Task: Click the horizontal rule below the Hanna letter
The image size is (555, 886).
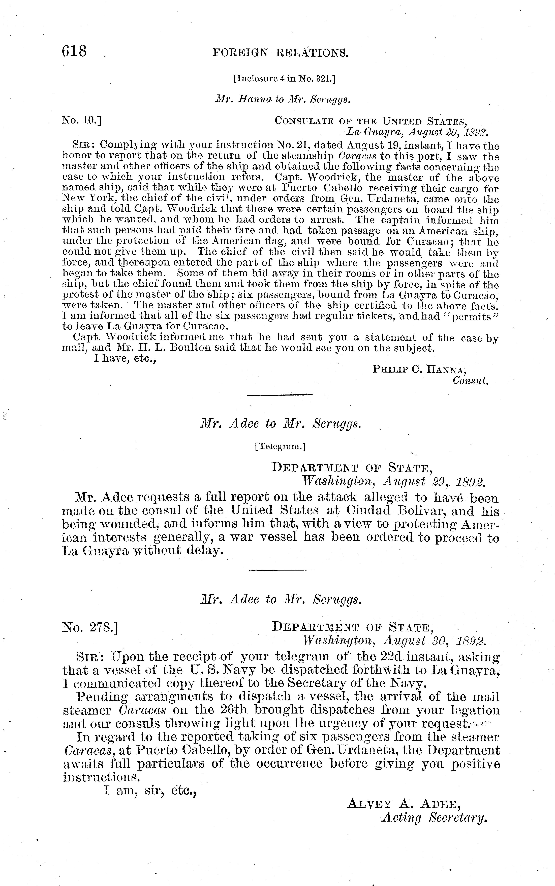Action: [280, 395]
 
